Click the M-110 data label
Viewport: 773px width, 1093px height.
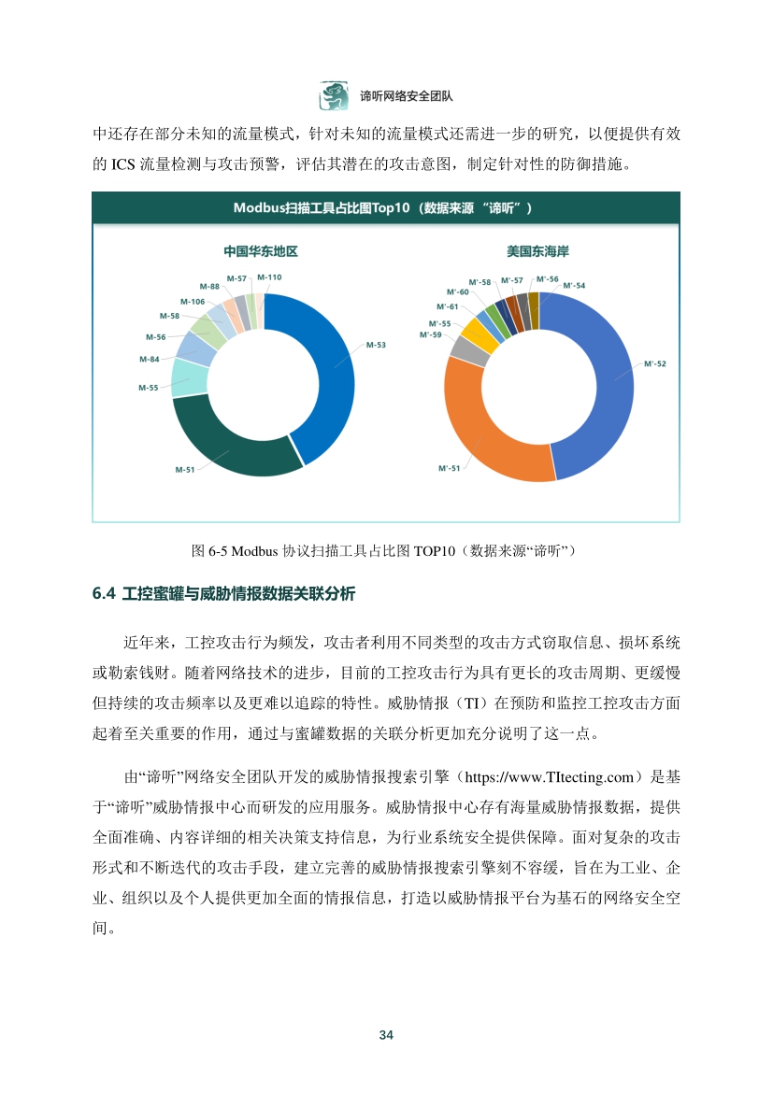coord(269,277)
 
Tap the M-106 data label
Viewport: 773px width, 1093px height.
coord(192,301)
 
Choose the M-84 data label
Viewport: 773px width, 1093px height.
coord(149,359)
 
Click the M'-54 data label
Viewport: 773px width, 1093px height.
coord(574,285)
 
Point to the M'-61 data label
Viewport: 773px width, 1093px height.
coord(447,306)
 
